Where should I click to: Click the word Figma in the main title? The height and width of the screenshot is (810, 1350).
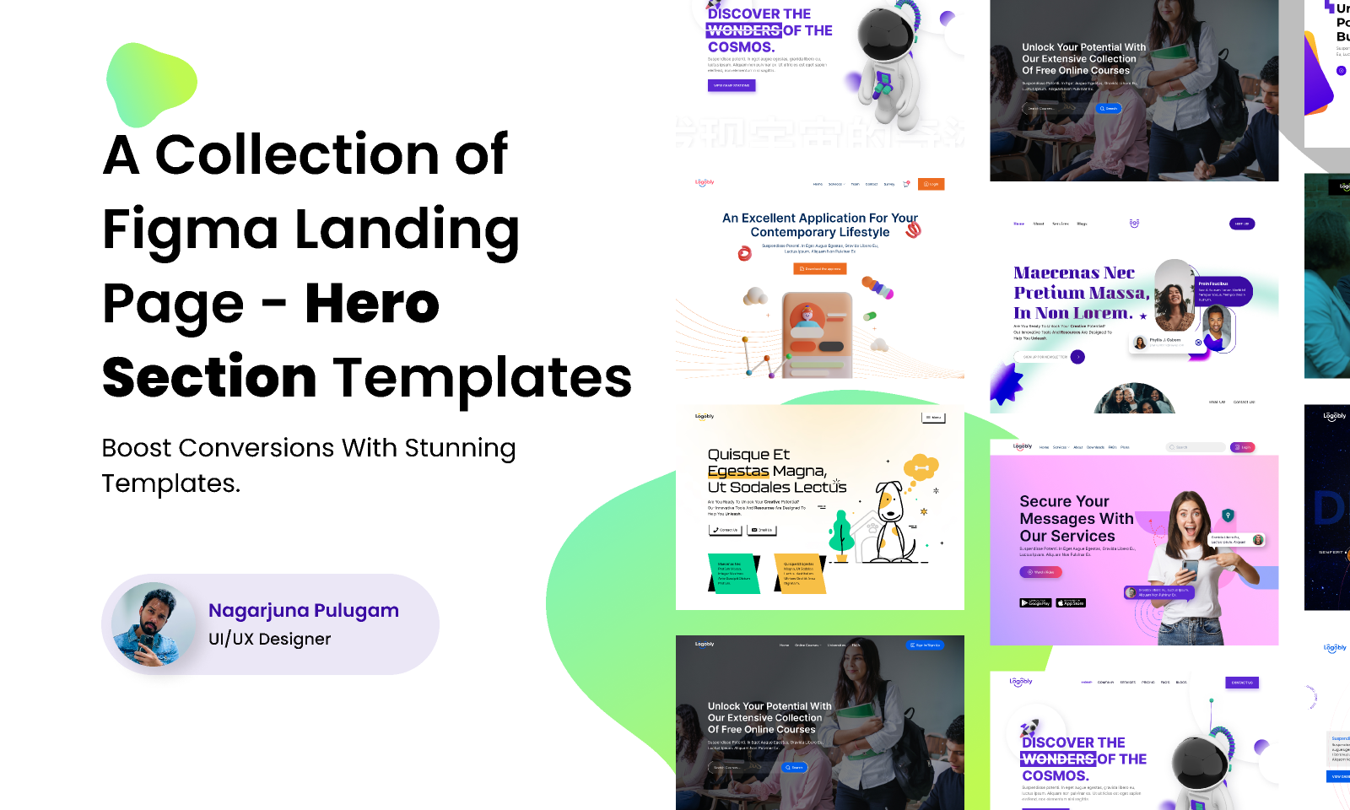pyautogui.click(x=190, y=229)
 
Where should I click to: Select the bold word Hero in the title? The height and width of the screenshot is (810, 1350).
pyautogui.click(x=372, y=303)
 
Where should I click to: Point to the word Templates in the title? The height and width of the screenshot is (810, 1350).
pyautogui.click(x=483, y=377)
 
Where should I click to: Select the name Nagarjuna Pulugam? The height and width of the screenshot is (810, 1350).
pyautogui.click(x=304, y=610)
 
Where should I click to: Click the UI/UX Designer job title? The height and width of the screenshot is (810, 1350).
pyautogui.click(x=270, y=639)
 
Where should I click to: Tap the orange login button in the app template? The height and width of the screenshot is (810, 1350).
pyautogui.click(x=931, y=184)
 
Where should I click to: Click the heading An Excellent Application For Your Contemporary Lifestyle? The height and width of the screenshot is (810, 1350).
pyautogui.click(x=820, y=224)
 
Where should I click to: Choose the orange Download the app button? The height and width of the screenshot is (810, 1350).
pyautogui.click(x=820, y=269)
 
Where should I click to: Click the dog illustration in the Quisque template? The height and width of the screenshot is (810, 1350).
pyautogui.click(x=889, y=514)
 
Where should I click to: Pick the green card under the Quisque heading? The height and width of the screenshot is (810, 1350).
pyautogui.click(x=732, y=574)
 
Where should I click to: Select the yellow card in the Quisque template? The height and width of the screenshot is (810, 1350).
pyautogui.click(x=798, y=574)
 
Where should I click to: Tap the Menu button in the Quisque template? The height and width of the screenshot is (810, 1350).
pyautogui.click(x=932, y=417)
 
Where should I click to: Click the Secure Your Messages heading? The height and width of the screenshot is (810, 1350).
pyautogui.click(x=1076, y=518)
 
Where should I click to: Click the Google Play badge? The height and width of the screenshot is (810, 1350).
pyautogui.click(x=1035, y=602)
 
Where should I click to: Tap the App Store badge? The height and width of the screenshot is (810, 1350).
pyautogui.click(x=1071, y=602)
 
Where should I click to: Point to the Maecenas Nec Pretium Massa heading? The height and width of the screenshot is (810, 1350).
pyautogui.click(x=1081, y=293)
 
